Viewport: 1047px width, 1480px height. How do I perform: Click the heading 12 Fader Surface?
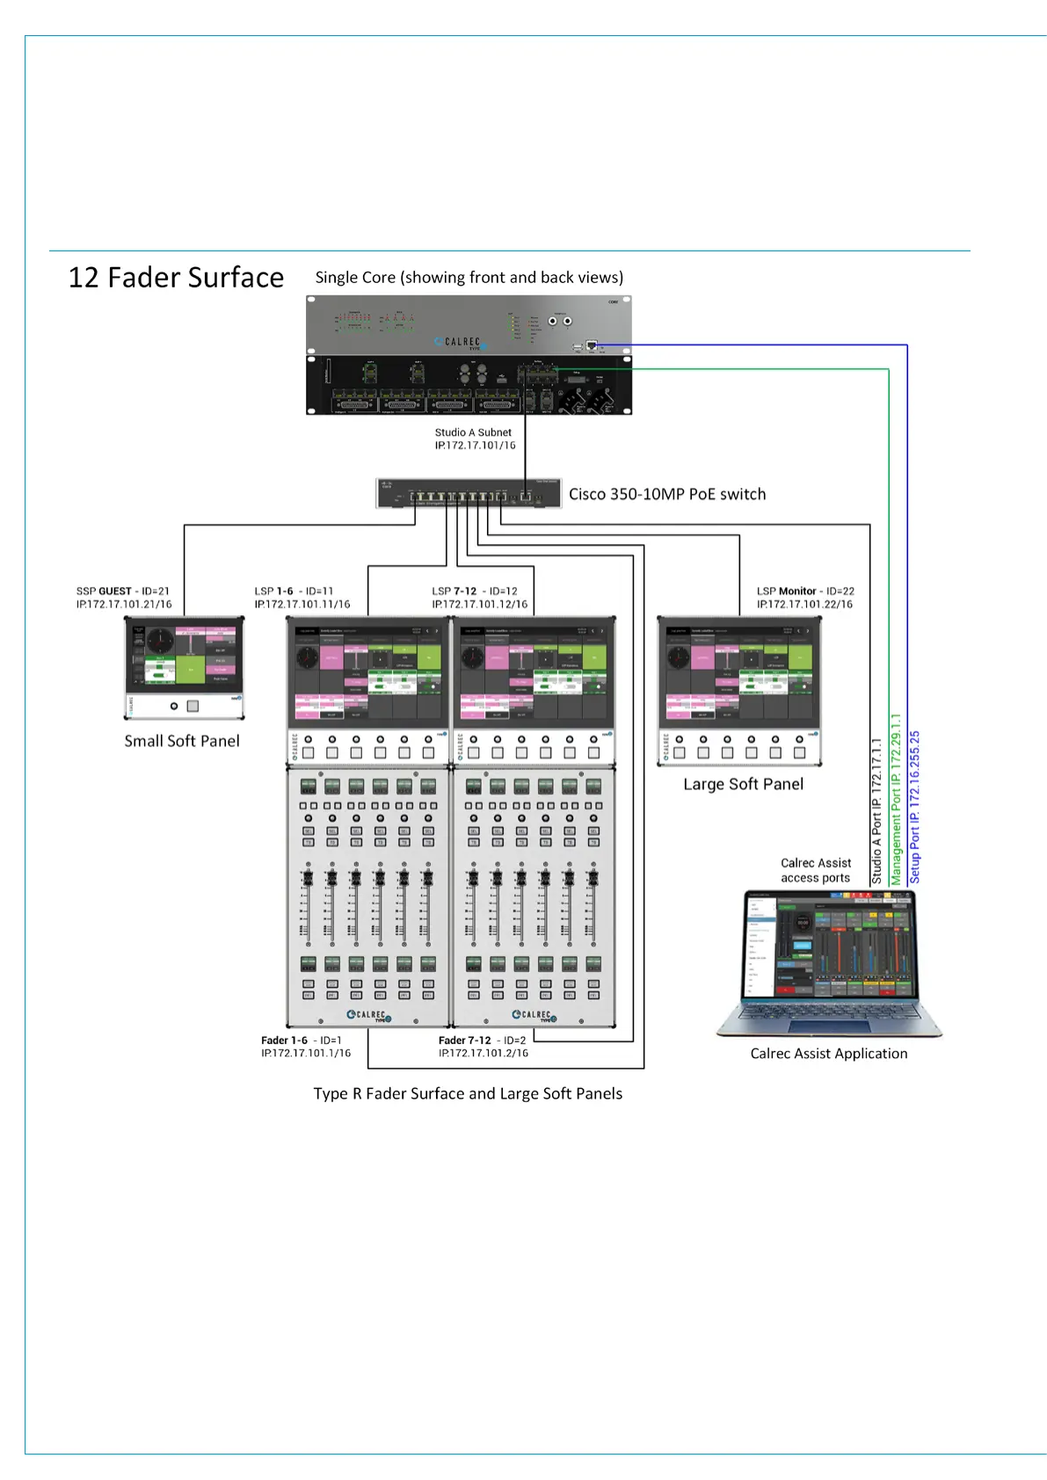[176, 278]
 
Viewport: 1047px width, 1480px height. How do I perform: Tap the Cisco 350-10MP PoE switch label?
[666, 494]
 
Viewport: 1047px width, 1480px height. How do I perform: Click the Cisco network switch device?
[468, 494]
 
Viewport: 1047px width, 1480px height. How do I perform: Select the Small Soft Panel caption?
[182, 741]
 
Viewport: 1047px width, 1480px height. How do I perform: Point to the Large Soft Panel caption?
[743, 784]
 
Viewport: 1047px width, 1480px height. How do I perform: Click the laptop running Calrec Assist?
[829, 963]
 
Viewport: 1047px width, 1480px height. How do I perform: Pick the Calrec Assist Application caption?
[828, 1053]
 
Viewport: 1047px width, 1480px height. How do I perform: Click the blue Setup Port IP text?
[914, 807]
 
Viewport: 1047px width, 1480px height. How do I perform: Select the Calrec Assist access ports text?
[815, 870]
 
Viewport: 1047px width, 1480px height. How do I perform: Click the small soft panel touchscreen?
[184, 656]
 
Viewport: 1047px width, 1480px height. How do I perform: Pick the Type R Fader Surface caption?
[468, 1093]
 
